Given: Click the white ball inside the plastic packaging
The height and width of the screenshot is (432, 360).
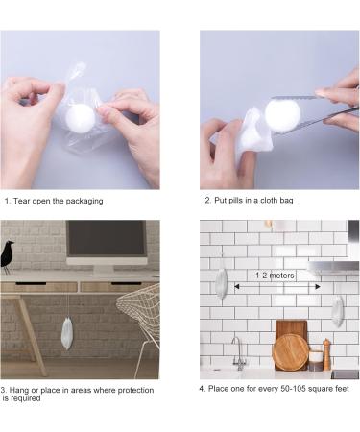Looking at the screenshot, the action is click(x=81, y=117).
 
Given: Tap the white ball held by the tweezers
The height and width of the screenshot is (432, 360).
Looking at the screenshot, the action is click(x=282, y=115).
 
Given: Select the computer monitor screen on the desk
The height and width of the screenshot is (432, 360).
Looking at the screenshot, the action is click(x=107, y=238).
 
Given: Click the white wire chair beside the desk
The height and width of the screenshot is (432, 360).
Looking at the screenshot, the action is click(x=141, y=324).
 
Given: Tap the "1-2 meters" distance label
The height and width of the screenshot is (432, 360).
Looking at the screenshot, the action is click(x=275, y=276).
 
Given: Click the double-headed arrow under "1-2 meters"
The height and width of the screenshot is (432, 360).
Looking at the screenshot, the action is click(x=277, y=286).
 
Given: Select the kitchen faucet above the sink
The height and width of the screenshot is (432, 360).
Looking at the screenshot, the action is click(x=238, y=353).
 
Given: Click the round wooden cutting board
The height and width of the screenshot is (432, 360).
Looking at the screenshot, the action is click(x=291, y=352).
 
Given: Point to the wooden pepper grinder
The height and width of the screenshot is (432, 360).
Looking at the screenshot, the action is click(x=326, y=354).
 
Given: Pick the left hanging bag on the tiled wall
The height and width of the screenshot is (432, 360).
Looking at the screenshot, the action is click(x=221, y=282).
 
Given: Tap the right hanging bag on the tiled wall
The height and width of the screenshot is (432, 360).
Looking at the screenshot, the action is click(x=337, y=311).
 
